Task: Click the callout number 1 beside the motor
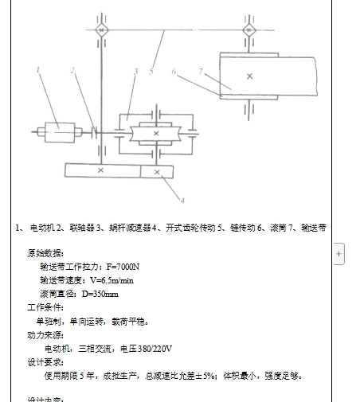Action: tap(37, 70)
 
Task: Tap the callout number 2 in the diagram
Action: tap(72, 70)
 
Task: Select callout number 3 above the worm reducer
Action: tap(136, 72)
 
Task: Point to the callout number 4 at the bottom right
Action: tap(182, 199)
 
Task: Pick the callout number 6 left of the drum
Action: tap(173, 72)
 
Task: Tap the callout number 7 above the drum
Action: tap(202, 72)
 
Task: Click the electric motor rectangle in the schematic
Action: tap(57, 129)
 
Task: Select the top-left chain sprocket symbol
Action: tap(100, 29)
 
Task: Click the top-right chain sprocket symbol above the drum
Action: tap(250, 29)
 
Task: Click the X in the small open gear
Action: tap(157, 170)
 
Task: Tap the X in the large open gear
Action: tap(100, 170)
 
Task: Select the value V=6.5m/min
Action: tap(112, 280)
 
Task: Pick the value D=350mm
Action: tap(100, 294)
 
